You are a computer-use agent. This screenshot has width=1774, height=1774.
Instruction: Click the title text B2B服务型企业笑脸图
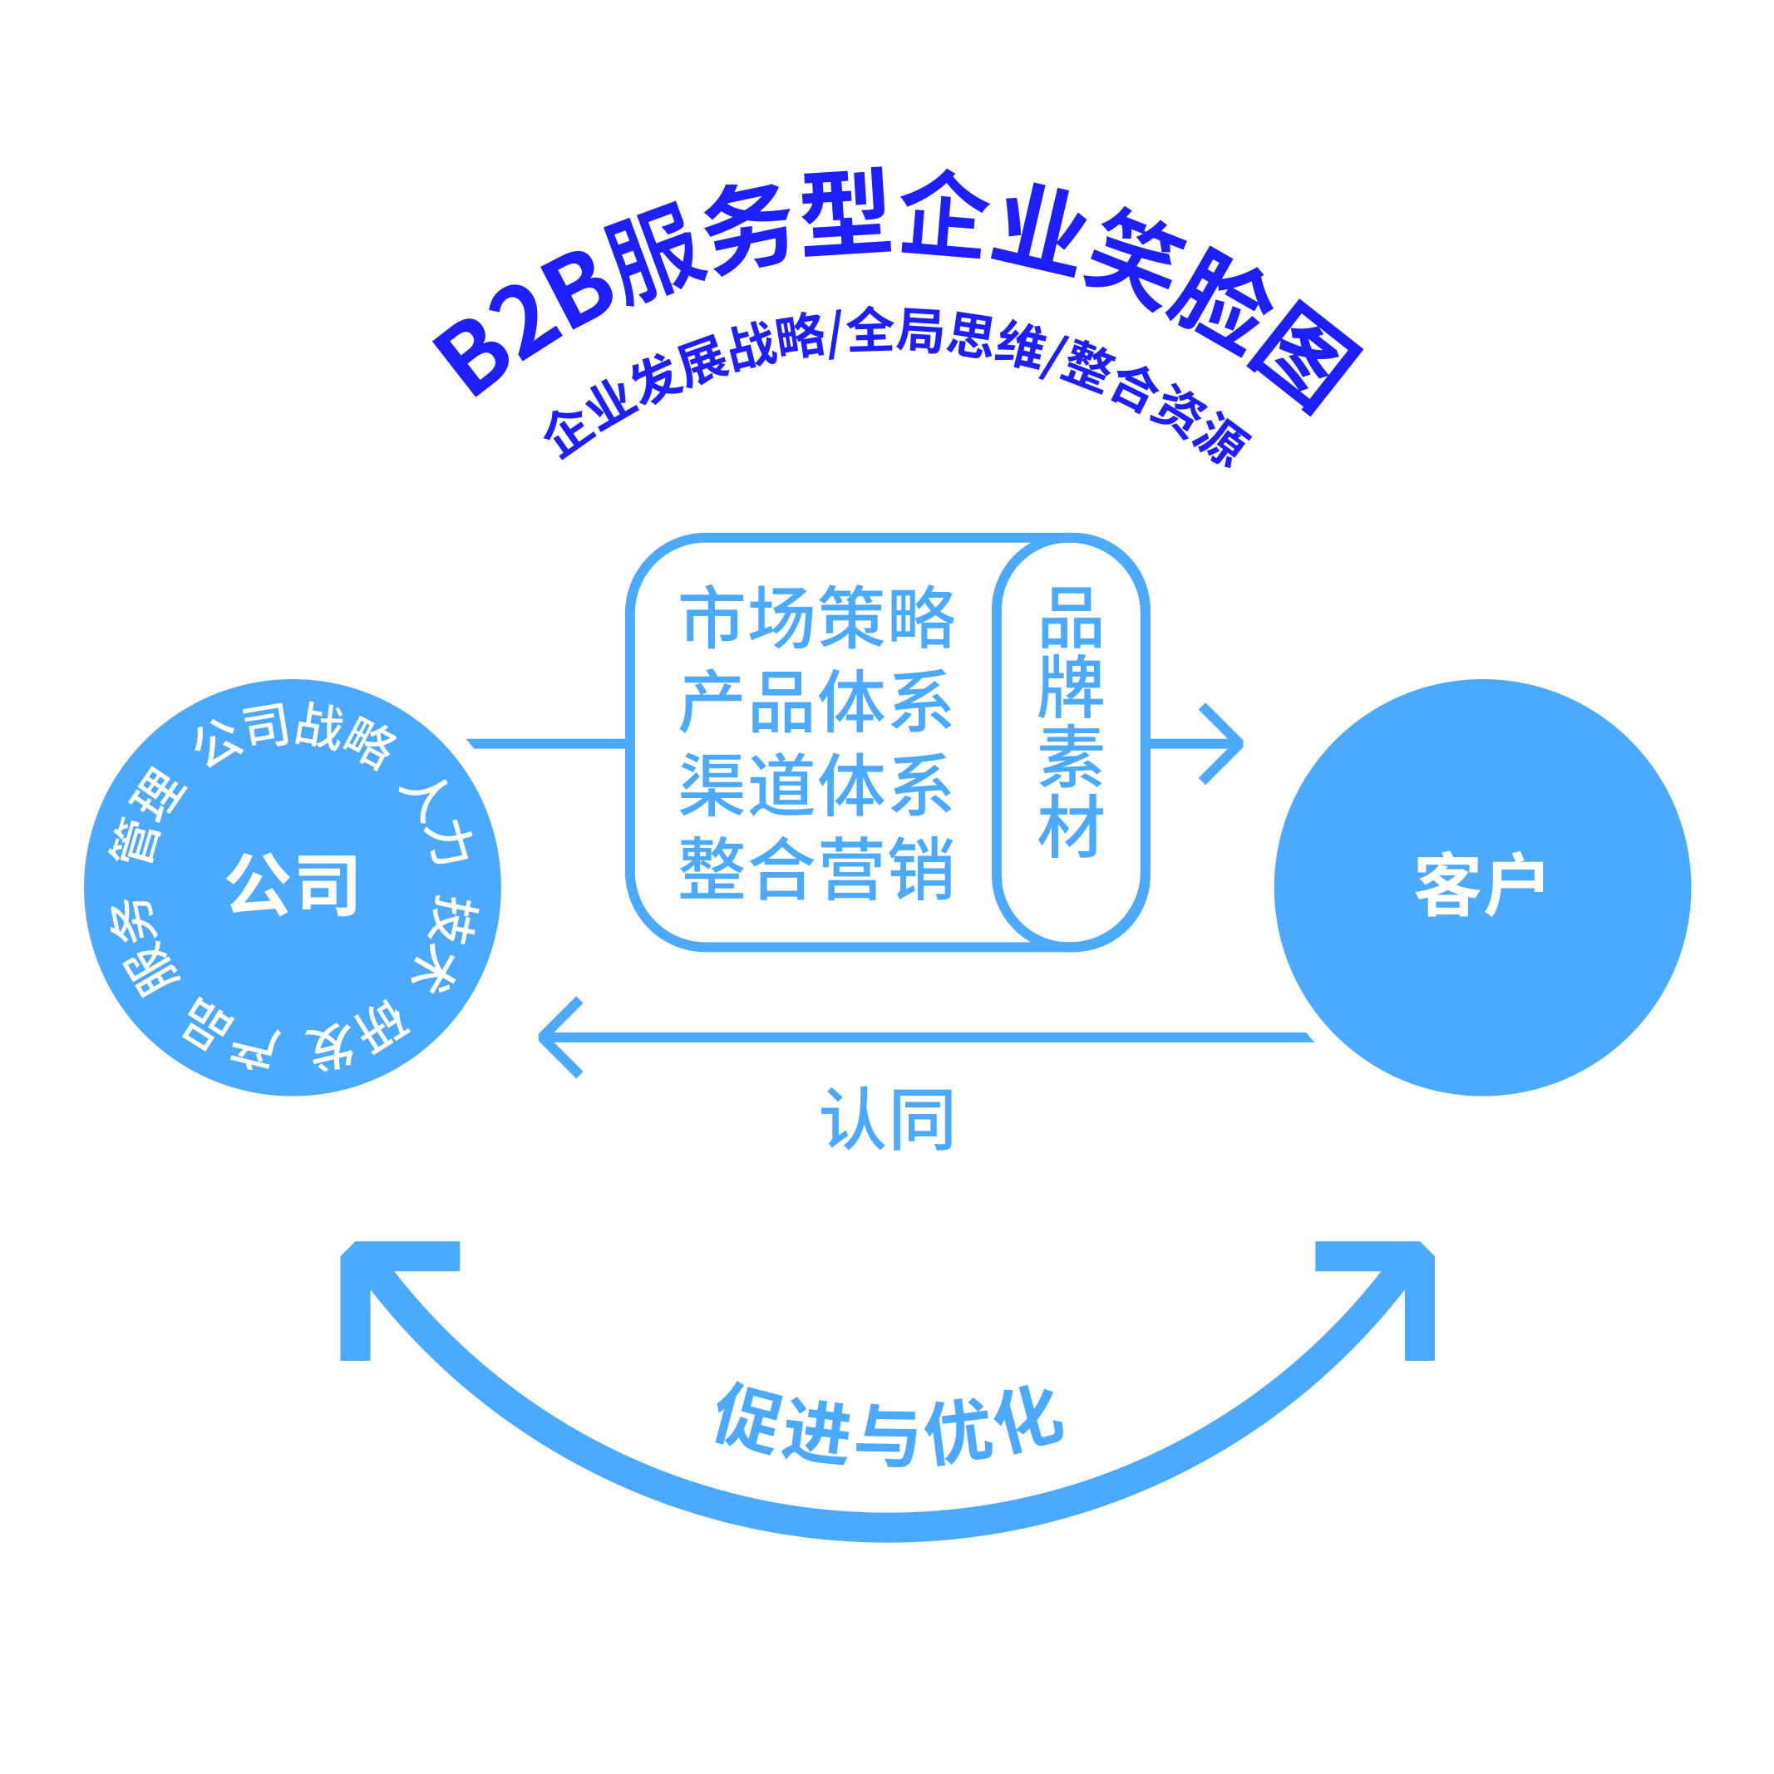pyautogui.click(x=898, y=275)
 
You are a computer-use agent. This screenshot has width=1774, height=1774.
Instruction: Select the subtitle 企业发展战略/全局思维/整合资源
pyautogui.click(x=898, y=377)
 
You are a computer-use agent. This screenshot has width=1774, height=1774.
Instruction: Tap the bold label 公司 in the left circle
pyautogui.click(x=292, y=885)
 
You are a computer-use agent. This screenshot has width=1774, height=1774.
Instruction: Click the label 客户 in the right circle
pyautogui.click(x=1481, y=885)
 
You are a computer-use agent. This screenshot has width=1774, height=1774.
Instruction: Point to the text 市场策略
pyautogui.click(x=817, y=616)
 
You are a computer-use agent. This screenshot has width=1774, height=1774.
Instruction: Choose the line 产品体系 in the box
pyautogui.click(x=817, y=702)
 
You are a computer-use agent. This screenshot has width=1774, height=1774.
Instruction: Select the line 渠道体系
pyautogui.click(x=817, y=785)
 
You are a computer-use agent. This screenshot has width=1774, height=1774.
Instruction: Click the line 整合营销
pyautogui.click(x=817, y=869)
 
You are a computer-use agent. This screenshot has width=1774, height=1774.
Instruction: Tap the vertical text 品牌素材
pyautogui.click(x=1071, y=722)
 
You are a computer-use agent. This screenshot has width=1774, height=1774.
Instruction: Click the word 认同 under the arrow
pyautogui.click(x=887, y=1119)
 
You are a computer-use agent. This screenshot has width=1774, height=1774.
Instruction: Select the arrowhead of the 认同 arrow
pyautogui.click(x=559, y=1037)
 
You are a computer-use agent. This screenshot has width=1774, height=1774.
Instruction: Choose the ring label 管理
pyautogui.click(x=147, y=816)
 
